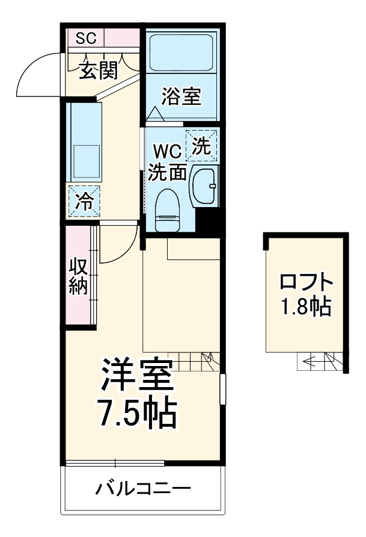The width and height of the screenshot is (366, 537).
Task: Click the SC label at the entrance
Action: (x=86, y=39)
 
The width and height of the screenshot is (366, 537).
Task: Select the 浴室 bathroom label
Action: (x=182, y=96)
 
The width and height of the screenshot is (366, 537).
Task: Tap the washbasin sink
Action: (x=205, y=187)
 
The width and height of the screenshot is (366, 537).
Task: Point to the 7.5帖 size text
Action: (x=137, y=414)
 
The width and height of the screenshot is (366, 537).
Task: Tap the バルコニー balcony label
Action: (x=143, y=488)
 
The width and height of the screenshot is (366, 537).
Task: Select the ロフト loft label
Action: (x=306, y=282)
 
